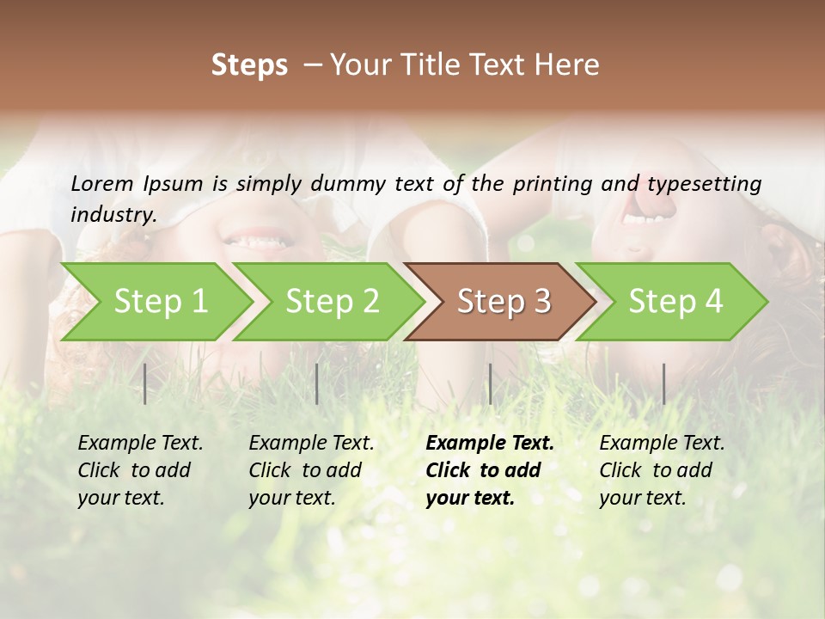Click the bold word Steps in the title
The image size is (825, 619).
[249, 65]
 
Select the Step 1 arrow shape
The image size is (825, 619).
[155, 301]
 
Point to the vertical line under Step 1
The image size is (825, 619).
[145, 383]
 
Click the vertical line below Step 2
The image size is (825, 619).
[317, 383]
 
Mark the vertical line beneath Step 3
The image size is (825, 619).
[490, 383]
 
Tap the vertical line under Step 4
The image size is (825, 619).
[663, 383]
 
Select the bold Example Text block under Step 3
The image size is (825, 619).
[489, 470]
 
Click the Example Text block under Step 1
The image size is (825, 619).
[140, 470]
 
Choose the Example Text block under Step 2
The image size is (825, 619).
[311, 470]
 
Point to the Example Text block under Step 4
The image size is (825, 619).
[662, 470]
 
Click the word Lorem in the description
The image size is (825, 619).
[102, 183]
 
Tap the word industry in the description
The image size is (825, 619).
[113, 214]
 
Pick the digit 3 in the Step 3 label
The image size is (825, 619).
[541, 301]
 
